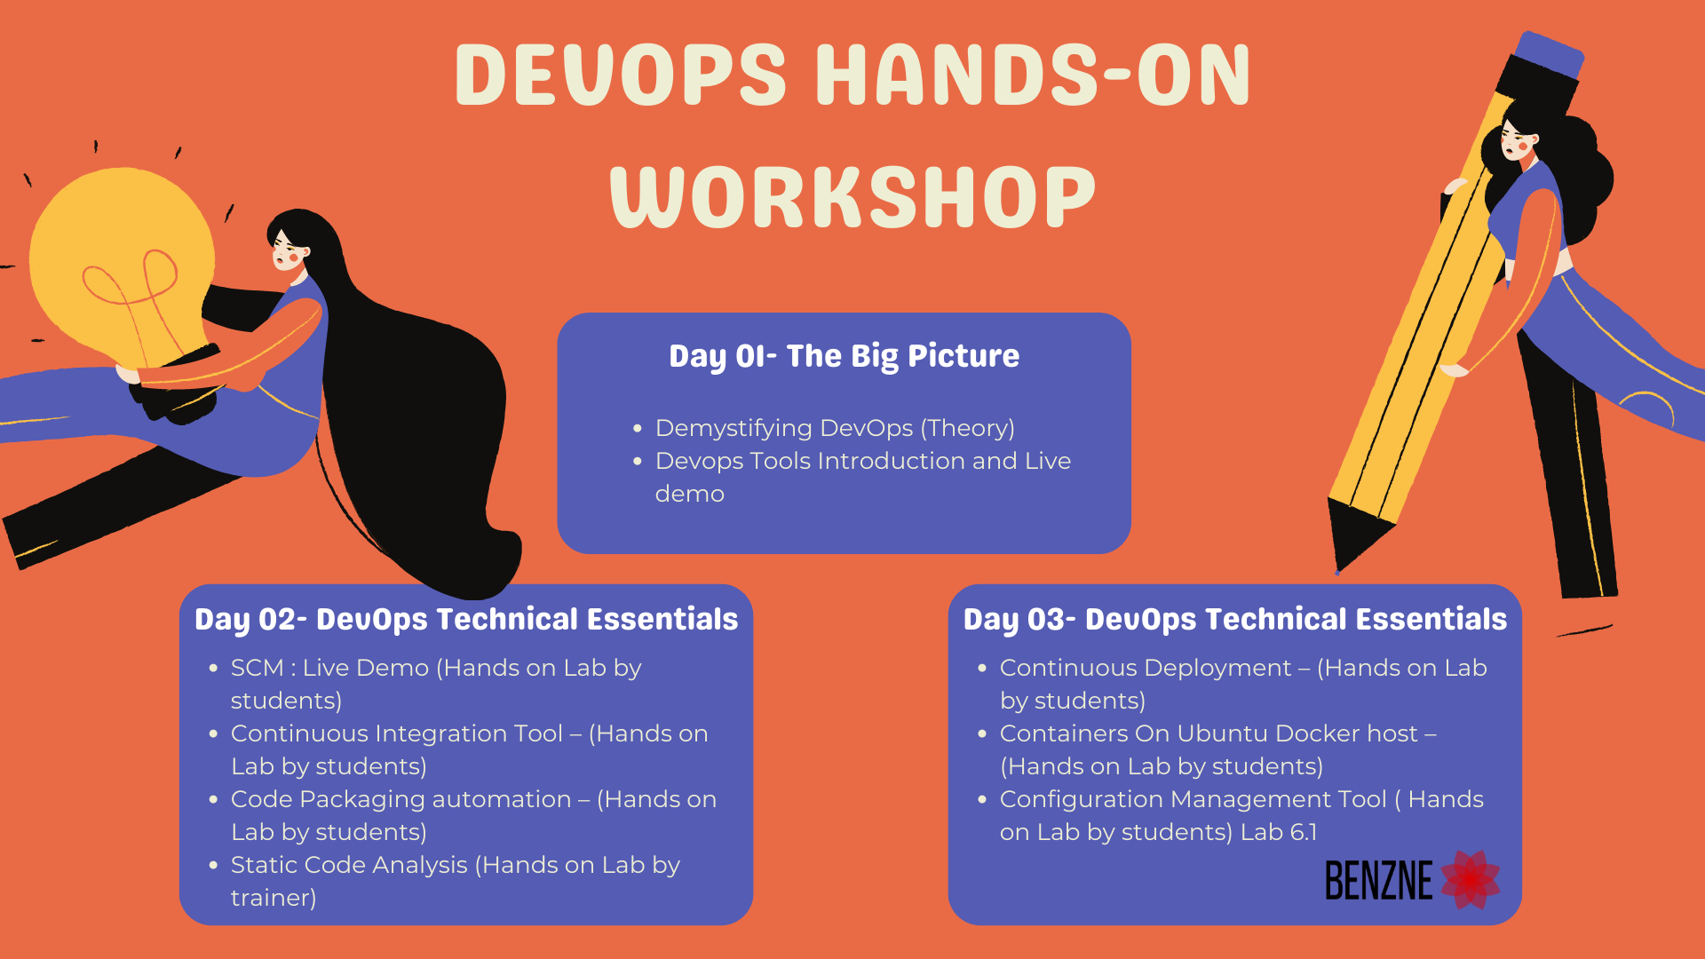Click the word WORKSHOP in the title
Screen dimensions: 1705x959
pyautogui.click(x=852, y=196)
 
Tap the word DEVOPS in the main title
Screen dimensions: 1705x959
pyautogui.click(x=621, y=75)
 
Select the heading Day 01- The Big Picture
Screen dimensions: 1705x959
pyautogui.click(x=844, y=356)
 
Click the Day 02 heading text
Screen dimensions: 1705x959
pyautogui.click(x=466, y=620)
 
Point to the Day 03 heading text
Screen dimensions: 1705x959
pyautogui.click(x=1235, y=620)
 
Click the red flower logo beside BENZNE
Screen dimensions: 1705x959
pyautogui.click(x=1471, y=879)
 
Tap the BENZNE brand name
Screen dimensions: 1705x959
pyautogui.click(x=1379, y=880)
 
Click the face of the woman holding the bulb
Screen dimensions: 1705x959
pyautogui.click(x=289, y=250)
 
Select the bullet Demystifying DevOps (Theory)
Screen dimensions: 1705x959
pyautogui.click(x=835, y=429)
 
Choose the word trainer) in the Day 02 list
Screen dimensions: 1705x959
pyautogui.click(x=274, y=898)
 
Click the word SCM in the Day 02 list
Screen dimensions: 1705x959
pyautogui.click(x=258, y=668)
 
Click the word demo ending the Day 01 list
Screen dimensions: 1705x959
pyautogui.click(x=690, y=494)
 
